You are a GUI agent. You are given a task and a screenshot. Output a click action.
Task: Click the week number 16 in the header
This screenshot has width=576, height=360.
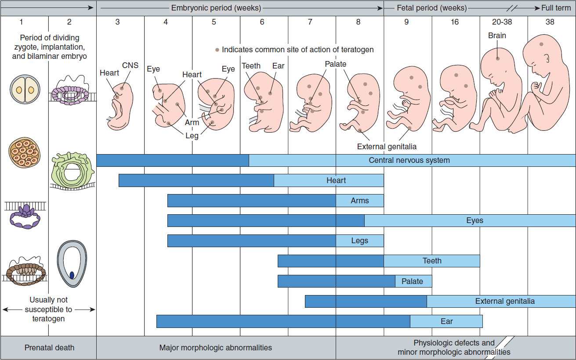(x=454, y=22)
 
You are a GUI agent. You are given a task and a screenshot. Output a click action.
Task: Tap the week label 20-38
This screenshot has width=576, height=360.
(x=502, y=22)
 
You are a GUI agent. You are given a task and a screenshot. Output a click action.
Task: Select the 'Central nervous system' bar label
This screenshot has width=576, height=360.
(x=409, y=160)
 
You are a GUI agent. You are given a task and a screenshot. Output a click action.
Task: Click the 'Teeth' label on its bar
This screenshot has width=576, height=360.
(x=432, y=261)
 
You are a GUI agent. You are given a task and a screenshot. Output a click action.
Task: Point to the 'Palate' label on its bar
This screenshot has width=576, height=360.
(x=412, y=281)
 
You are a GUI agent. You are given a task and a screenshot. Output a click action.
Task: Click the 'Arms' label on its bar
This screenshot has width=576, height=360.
(x=360, y=201)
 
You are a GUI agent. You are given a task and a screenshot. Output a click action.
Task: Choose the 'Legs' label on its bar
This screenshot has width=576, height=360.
(x=359, y=241)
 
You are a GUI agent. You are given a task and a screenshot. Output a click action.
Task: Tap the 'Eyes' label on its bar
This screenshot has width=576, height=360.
(x=475, y=220)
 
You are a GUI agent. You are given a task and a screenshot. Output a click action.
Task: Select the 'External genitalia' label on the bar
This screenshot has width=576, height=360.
(x=505, y=301)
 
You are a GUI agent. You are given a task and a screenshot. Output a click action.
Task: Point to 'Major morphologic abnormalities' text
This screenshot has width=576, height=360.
(x=215, y=348)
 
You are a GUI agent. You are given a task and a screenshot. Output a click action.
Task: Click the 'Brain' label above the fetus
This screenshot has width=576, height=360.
(x=497, y=36)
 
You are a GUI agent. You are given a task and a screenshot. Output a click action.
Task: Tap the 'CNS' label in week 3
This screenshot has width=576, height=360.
(x=130, y=65)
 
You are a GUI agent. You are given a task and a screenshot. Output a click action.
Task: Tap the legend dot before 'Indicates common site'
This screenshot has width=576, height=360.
(x=217, y=50)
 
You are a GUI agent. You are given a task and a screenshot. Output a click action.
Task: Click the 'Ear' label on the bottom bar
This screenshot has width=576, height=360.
(x=446, y=321)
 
